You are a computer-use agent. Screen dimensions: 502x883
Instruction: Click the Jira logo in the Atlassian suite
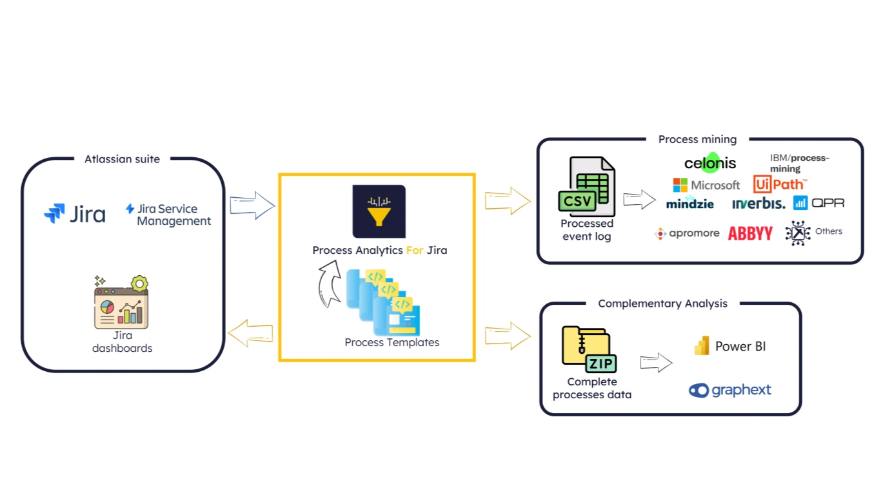pos(74,214)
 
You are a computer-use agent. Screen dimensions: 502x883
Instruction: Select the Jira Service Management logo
pos(168,215)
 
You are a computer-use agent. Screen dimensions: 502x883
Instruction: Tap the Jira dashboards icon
pos(122,304)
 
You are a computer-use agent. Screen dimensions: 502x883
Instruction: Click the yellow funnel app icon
pos(379,211)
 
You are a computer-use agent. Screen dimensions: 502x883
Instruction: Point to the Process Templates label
pos(392,343)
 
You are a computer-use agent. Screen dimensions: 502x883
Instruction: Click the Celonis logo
pos(710,163)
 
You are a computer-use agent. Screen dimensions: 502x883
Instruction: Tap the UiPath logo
pos(779,185)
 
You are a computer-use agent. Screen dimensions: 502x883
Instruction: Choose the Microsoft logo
pos(706,186)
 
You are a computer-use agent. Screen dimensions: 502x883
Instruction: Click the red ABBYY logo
pos(750,233)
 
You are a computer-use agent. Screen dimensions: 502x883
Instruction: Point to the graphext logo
pos(729,390)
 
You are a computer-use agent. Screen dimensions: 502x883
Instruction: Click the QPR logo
pos(819,203)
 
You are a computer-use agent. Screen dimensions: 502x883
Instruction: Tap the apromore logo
pos(687,233)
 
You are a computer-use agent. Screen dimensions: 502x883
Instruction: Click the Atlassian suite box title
pos(122,159)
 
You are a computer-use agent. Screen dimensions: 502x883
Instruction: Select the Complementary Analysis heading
pos(662,304)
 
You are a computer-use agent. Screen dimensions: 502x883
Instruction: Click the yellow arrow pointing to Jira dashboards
pos(251,333)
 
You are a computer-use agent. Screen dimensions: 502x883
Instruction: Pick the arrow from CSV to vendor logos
pos(639,200)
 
